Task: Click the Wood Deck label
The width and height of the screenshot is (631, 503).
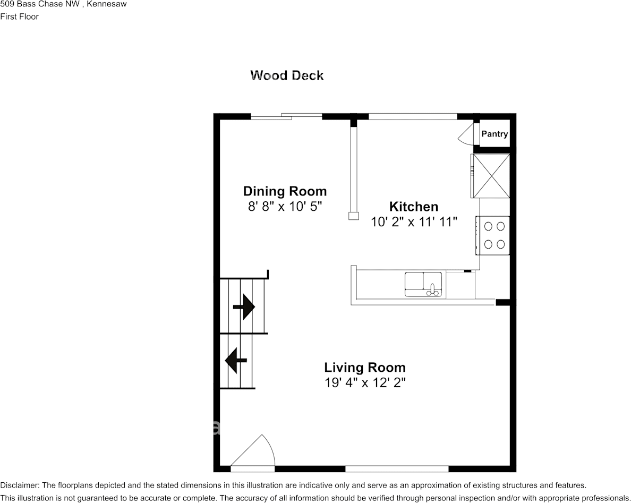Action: pos(287,75)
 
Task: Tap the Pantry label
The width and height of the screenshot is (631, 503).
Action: pos(494,134)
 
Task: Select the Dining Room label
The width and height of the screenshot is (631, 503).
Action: pos(285,191)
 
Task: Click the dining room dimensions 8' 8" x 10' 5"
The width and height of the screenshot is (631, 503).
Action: pos(285,207)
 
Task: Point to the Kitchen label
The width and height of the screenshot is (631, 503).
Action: pos(414,207)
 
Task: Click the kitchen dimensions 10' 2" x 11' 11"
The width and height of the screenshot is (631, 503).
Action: pos(414,222)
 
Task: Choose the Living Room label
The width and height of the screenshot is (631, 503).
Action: pos(364,367)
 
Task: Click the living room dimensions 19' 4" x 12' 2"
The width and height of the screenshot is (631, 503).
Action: pos(364,382)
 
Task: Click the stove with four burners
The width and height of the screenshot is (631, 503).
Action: pos(494,235)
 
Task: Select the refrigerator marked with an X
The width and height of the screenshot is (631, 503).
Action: pos(491,175)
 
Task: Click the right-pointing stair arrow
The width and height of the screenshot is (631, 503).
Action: pos(244,306)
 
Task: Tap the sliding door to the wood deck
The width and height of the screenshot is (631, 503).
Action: pos(287,116)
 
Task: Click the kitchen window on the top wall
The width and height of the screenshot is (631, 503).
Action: pos(413,116)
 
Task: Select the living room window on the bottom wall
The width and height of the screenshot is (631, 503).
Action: pos(397,468)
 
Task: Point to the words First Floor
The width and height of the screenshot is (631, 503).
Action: pos(20,16)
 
